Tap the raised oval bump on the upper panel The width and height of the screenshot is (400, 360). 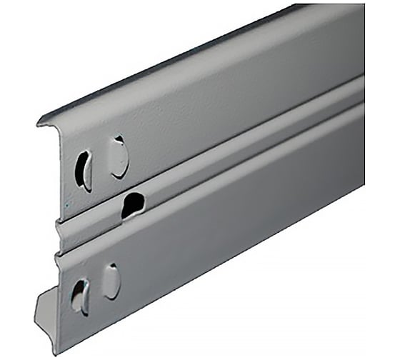tap(119, 157)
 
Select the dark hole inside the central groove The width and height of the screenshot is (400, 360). tap(132, 206)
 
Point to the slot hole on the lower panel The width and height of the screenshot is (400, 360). tap(77, 295)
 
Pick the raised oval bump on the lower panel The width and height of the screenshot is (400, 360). tap(111, 281)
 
